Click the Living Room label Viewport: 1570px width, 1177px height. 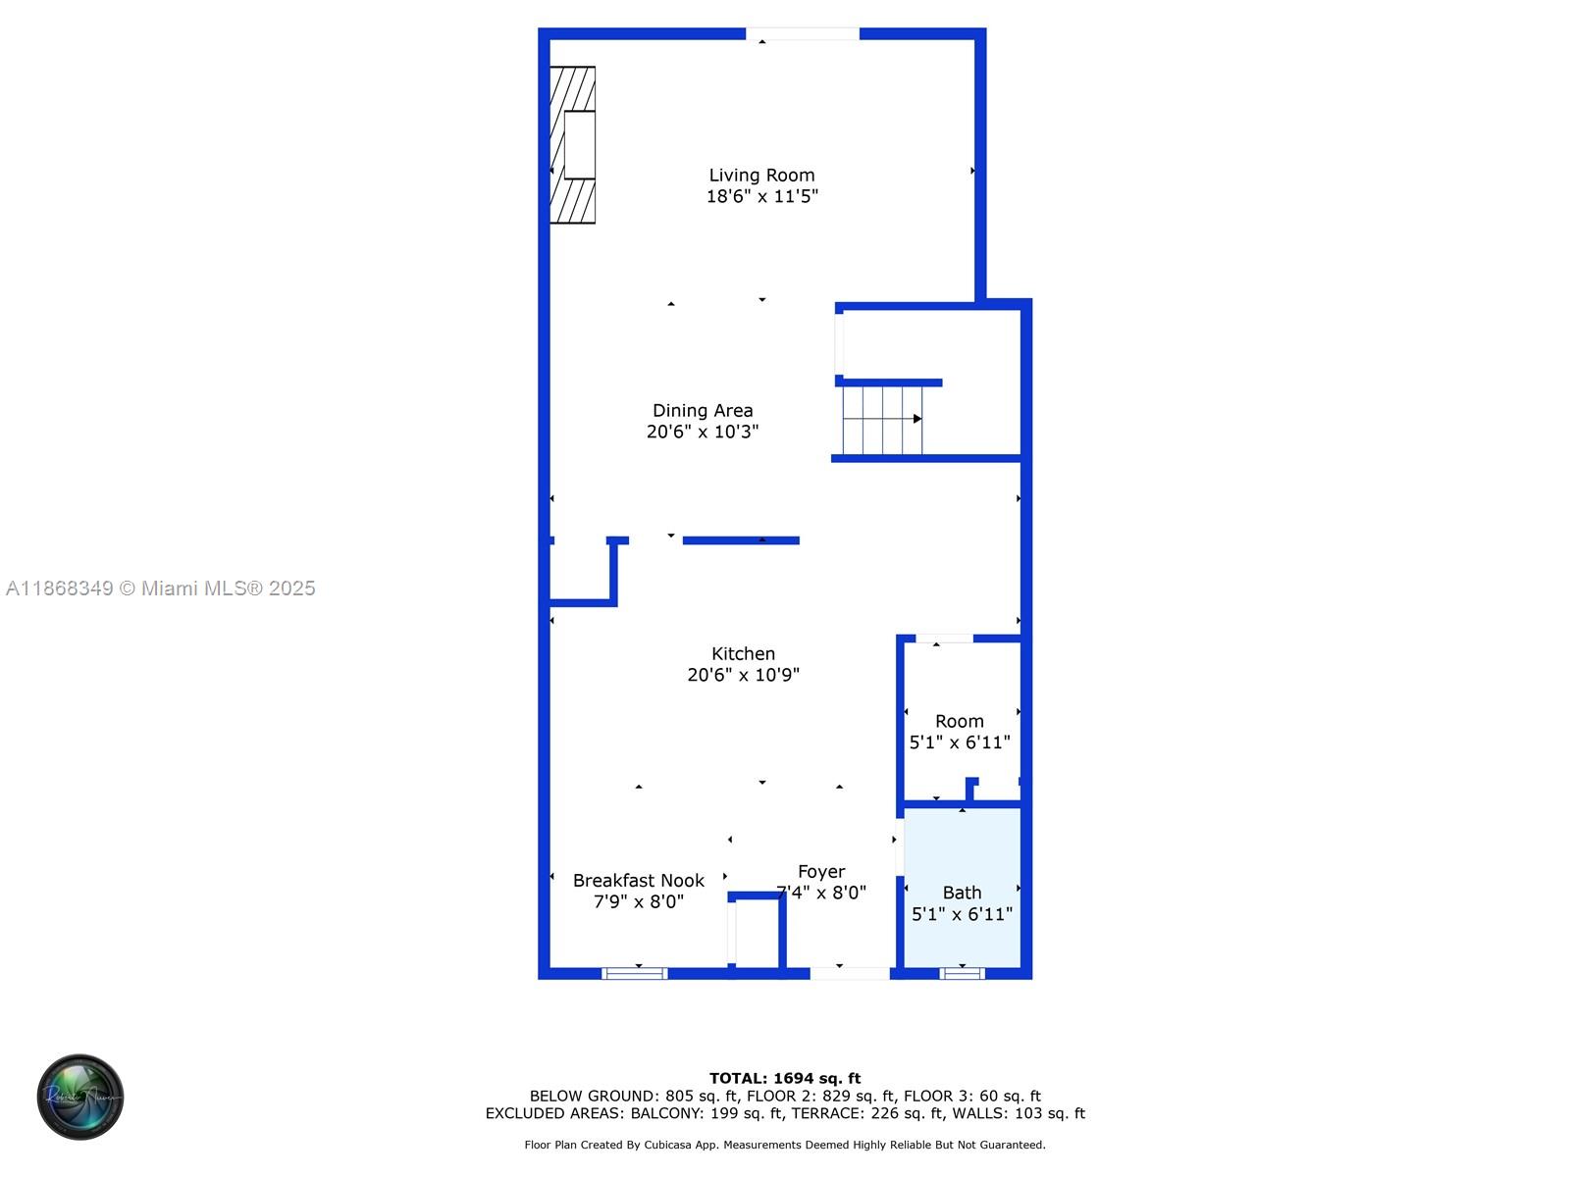pyautogui.click(x=761, y=176)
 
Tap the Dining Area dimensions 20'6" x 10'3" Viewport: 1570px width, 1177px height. pyautogui.click(x=703, y=432)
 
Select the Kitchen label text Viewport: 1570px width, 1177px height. pyautogui.click(x=743, y=654)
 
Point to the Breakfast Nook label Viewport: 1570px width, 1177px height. pyautogui.click(x=639, y=881)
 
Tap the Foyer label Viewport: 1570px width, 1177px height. pyautogui.click(x=821, y=872)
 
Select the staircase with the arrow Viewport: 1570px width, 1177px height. pyautogui.click(x=882, y=420)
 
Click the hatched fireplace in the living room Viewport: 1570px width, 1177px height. pyautogui.click(x=572, y=145)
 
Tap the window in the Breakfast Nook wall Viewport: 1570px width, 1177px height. pyautogui.click(x=635, y=973)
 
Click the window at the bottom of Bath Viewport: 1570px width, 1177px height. pyautogui.click(x=962, y=973)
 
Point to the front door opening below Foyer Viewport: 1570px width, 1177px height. pyautogui.click(x=850, y=973)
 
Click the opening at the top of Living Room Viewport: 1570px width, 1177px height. pyautogui.click(x=803, y=34)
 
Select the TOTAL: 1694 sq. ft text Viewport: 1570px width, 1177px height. pyautogui.click(x=785, y=1079)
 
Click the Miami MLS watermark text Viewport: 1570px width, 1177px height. pyautogui.click(x=160, y=588)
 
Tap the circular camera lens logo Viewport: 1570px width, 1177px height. pyautogui.click(x=80, y=1097)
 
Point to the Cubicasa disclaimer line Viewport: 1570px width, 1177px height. pyautogui.click(x=785, y=1145)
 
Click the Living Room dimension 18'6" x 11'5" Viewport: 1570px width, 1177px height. pyautogui.click(x=761, y=196)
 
